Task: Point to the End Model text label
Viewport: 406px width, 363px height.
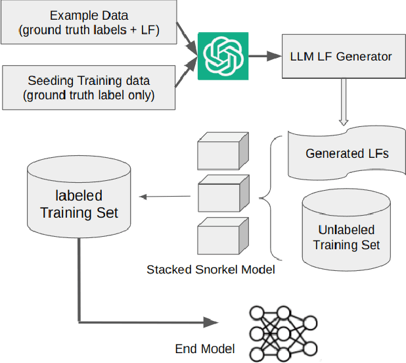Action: [x=204, y=349]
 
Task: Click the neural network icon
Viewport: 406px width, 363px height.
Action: [x=283, y=333]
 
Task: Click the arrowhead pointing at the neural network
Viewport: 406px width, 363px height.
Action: [x=210, y=322]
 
